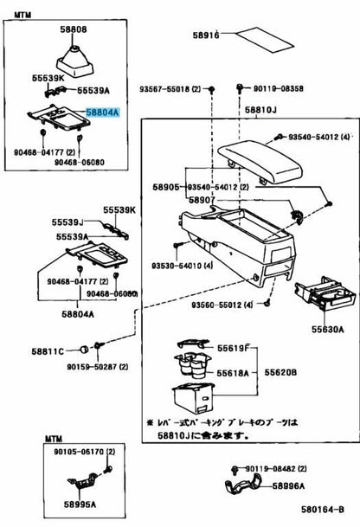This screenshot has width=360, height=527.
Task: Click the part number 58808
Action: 73,30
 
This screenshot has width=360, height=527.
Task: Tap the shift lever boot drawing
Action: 73,57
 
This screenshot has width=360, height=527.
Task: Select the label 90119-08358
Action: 279,88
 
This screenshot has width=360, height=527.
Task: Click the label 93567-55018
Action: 170,88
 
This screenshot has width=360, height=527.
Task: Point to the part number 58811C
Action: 48,351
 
